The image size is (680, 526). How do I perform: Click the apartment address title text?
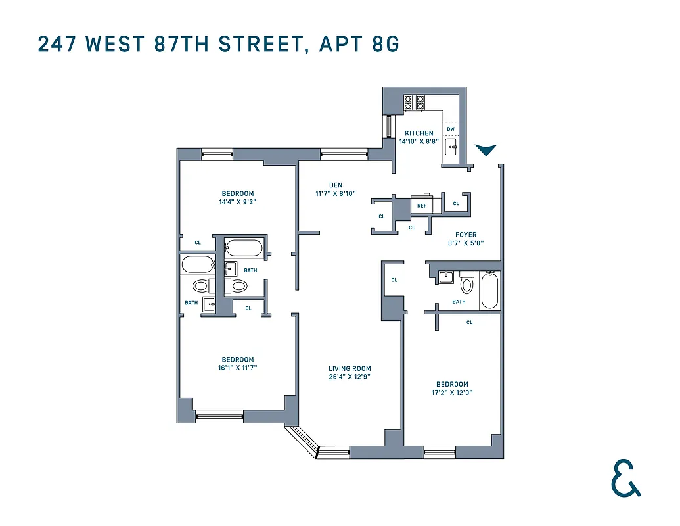218,44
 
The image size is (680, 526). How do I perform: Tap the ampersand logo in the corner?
625,478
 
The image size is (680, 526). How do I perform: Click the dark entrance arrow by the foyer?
486,150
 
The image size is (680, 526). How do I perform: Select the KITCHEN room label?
419,133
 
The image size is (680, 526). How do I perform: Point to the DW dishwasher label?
451,129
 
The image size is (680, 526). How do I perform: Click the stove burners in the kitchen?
414,102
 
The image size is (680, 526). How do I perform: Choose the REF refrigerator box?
422,205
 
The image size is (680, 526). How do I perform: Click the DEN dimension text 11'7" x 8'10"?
336,193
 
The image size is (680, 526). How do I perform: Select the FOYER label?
466,235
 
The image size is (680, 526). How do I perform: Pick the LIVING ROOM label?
350,368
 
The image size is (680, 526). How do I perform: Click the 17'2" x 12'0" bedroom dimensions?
452,393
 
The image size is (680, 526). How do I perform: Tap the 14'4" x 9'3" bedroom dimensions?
237,202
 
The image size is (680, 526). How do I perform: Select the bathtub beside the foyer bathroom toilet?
490,290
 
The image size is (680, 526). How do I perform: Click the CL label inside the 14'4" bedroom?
197,243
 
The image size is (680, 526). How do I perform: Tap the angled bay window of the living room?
301,441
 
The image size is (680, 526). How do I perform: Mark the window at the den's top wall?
335,155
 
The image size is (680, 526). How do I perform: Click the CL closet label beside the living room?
394,279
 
